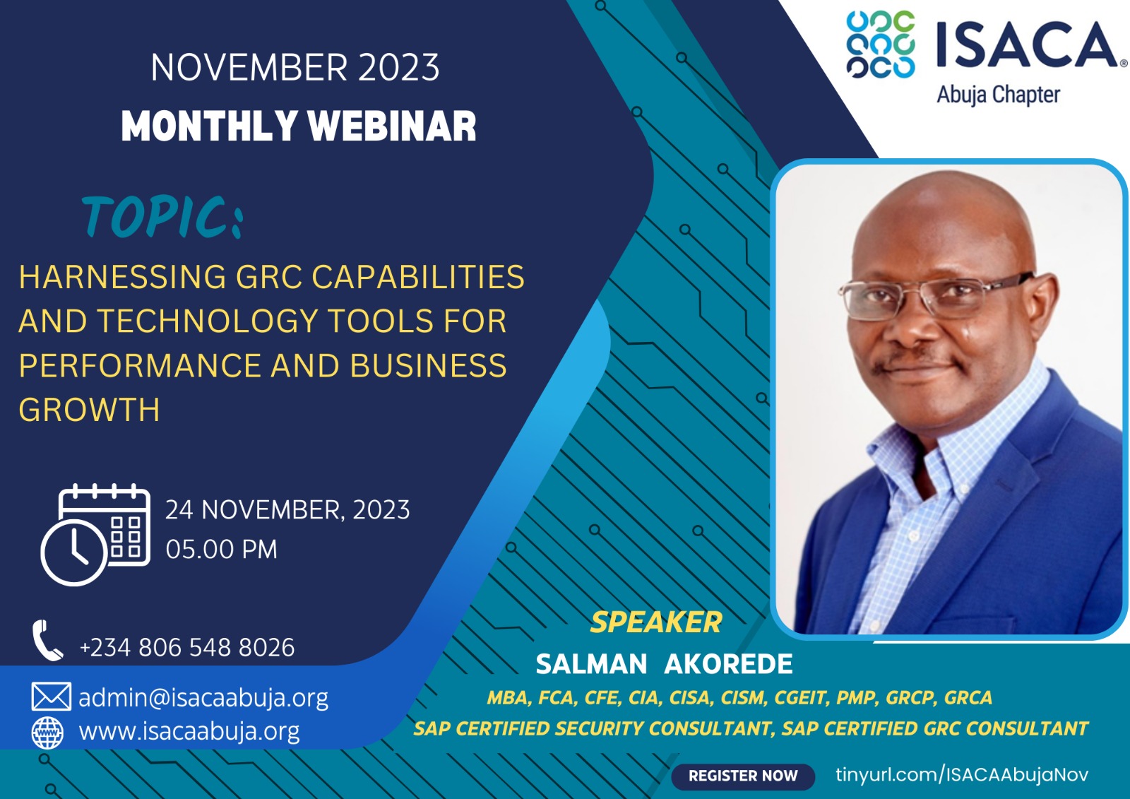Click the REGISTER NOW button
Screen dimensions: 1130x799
[x=742, y=775]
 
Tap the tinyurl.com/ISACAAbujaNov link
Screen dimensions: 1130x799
[x=961, y=774]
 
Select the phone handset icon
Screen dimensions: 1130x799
[x=47, y=640]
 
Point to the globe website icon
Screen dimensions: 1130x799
[x=47, y=732]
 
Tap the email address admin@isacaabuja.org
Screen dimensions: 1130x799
[x=203, y=697]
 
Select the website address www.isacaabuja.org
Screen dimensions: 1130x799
[x=189, y=731]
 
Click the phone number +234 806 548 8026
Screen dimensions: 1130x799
[x=187, y=647]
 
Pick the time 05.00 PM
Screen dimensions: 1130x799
[x=222, y=549]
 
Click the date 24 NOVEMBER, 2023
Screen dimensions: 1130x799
[x=287, y=510]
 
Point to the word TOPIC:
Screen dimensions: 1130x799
[x=162, y=217]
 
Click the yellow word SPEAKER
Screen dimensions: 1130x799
[x=656, y=622]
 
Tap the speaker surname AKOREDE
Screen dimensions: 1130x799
[x=728, y=664]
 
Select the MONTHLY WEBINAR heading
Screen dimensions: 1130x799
[x=299, y=126]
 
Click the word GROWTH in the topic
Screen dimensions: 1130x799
[x=89, y=409]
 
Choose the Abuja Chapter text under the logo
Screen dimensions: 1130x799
[x=999, y=95]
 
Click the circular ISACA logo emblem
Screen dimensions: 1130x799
[x=880, y=45]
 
